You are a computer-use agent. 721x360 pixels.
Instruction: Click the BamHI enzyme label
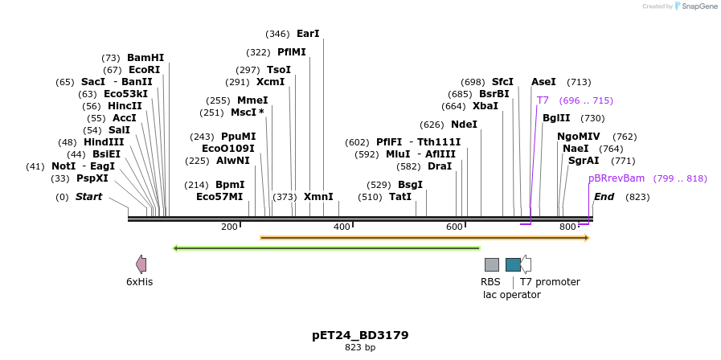coord(145,58)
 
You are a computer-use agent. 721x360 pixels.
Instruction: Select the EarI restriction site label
coord(308,34)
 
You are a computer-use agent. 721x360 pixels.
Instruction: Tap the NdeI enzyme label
coord(464,125)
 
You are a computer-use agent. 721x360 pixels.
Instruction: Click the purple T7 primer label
coord(543,100)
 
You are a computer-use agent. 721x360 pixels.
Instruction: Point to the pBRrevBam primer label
coord(617,178)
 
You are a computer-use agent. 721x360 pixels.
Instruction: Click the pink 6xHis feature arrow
coord(141,264)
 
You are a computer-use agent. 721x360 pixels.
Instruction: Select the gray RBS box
coord(491,264)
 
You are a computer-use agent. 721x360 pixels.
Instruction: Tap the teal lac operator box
coord(513,264)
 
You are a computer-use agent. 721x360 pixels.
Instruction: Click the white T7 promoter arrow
coord(526,264)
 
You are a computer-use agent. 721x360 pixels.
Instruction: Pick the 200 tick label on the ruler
coord(229,227)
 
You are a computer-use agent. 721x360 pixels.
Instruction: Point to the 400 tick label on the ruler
coord(342,227)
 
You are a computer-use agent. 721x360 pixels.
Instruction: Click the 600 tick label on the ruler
coord(455,227)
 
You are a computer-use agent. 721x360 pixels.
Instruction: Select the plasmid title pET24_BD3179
coord(360,334)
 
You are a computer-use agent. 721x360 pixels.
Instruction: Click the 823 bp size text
coord(360,348)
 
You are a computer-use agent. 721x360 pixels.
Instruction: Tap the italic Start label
coord(88,197)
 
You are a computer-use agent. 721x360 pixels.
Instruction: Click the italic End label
coord(604,197)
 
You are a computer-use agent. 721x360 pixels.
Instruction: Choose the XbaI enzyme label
coord(485,106)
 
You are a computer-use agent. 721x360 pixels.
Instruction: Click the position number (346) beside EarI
coord(277,34)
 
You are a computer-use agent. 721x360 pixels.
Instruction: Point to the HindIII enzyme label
coord(104,142)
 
